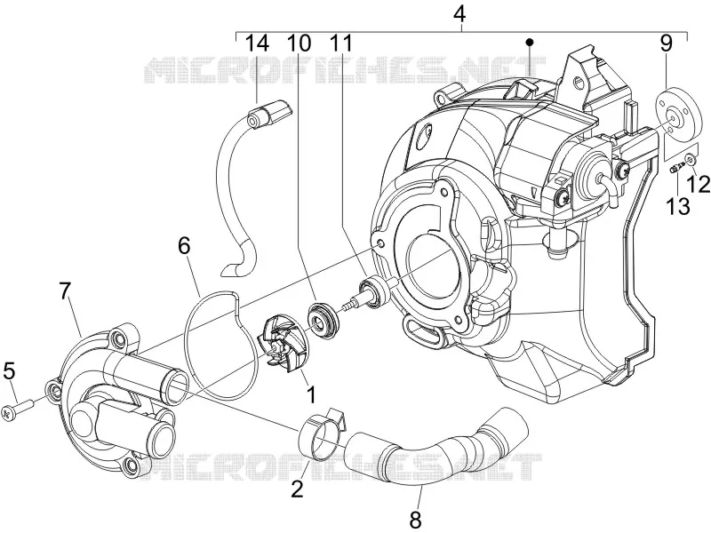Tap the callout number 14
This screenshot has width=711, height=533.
[x=257, y=44]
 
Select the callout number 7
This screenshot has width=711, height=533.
[x=66, y=290]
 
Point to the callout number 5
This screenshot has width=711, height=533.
[x=9, y=371]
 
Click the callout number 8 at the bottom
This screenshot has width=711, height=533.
[x=416, y=520]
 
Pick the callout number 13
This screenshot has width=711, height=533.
[x=678, y=206]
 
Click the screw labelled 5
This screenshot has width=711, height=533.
[x=17, y=409]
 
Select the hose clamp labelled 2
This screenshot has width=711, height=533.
[x=323, y=433]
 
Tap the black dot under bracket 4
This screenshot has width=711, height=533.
[x=529, y=42]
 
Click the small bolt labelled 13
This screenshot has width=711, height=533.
[x=676, y=168]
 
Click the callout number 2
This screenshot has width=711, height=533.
[x=297, y=489]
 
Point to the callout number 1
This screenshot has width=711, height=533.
[x=311, y=394]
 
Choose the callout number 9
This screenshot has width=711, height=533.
[x=666, y=44]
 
